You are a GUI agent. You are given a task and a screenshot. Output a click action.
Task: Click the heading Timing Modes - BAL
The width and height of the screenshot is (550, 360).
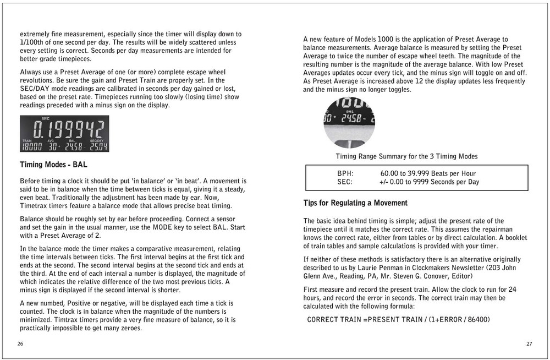[53, 165]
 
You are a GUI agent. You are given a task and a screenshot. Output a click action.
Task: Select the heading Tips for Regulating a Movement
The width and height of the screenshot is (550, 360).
[355, 203]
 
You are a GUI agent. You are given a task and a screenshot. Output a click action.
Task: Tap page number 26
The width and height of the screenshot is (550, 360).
[20, 344]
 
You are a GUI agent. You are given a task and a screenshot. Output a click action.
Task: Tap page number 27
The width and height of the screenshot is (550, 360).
[529, 344]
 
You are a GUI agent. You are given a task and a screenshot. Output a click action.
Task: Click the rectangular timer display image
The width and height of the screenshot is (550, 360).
[64, 134]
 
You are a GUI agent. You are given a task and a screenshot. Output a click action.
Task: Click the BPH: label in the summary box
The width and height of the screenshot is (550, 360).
[345, 173]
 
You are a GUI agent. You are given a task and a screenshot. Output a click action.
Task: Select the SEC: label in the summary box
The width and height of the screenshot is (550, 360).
[345, 182]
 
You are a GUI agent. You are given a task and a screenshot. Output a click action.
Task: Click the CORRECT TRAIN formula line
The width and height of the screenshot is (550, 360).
[398, 320]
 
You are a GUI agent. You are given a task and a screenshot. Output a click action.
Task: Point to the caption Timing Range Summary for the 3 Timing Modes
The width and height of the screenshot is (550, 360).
[406, 156]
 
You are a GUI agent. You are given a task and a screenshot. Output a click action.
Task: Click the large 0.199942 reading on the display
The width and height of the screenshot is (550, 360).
[69, 130]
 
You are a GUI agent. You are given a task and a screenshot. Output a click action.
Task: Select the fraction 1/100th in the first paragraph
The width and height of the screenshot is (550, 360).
[34, 42]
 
